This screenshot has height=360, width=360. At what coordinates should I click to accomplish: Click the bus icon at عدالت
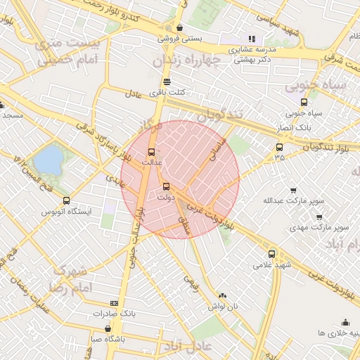coord(150,152)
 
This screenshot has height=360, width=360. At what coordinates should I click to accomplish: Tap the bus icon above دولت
coord(166,186)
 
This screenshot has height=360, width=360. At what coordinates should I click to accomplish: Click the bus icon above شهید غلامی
coord(271,254)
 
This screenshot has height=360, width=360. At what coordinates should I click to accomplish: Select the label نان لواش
coord(223,307)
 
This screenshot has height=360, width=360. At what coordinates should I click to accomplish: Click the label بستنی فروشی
coord(178,39)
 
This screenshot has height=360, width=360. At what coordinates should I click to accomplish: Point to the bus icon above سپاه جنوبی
coord(303,101)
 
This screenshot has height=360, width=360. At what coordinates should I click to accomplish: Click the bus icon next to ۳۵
coord(280,148)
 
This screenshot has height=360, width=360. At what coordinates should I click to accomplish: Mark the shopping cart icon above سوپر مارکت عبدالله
coord(293,190)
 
